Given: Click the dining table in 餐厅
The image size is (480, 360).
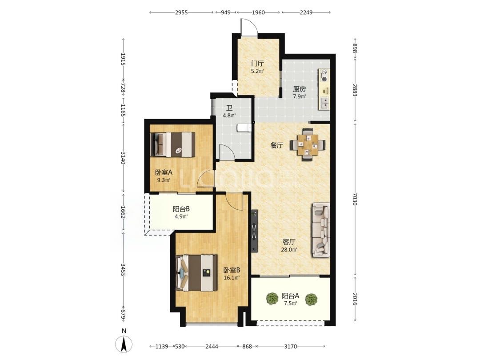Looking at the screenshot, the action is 308,144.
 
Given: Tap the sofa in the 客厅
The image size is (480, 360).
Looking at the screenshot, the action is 321,230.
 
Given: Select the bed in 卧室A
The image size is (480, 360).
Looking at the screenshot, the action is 173,144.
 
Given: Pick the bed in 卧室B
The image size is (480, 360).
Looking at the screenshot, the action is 196,273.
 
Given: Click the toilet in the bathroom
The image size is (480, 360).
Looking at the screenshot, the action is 244,128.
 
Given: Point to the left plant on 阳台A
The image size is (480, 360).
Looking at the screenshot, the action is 272,299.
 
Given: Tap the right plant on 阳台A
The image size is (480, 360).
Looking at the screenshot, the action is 311,300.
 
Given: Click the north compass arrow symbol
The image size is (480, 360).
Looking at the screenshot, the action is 124,344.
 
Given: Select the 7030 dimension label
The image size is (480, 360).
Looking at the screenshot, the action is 355,199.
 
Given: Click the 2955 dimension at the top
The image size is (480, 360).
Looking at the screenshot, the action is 181,12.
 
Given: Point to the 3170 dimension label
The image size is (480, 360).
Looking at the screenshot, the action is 291,347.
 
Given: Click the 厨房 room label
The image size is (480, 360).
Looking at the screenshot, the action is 299,89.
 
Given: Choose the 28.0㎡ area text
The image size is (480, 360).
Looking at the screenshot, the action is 289,249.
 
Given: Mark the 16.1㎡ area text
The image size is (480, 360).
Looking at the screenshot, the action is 232,278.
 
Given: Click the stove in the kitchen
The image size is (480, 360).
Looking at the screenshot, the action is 324,75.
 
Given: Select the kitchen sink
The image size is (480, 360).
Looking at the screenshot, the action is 324,103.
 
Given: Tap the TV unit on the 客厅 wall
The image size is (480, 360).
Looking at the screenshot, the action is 254,231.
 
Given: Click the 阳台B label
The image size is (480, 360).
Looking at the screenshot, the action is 181,209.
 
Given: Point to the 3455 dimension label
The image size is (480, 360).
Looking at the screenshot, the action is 123,269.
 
